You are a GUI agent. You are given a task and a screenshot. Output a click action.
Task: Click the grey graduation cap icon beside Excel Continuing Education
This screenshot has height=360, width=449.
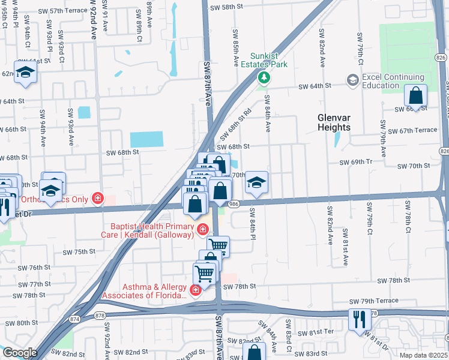click(352, 80)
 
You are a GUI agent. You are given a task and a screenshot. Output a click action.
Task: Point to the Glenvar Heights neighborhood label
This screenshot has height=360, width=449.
click(334, 122)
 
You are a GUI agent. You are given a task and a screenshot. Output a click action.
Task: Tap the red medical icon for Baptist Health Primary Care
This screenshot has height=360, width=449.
click(203, 229)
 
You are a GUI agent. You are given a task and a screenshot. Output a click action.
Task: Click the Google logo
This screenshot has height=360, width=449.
click(20, 353)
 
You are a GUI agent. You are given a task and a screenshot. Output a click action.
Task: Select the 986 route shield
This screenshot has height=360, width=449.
click(234, 205)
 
